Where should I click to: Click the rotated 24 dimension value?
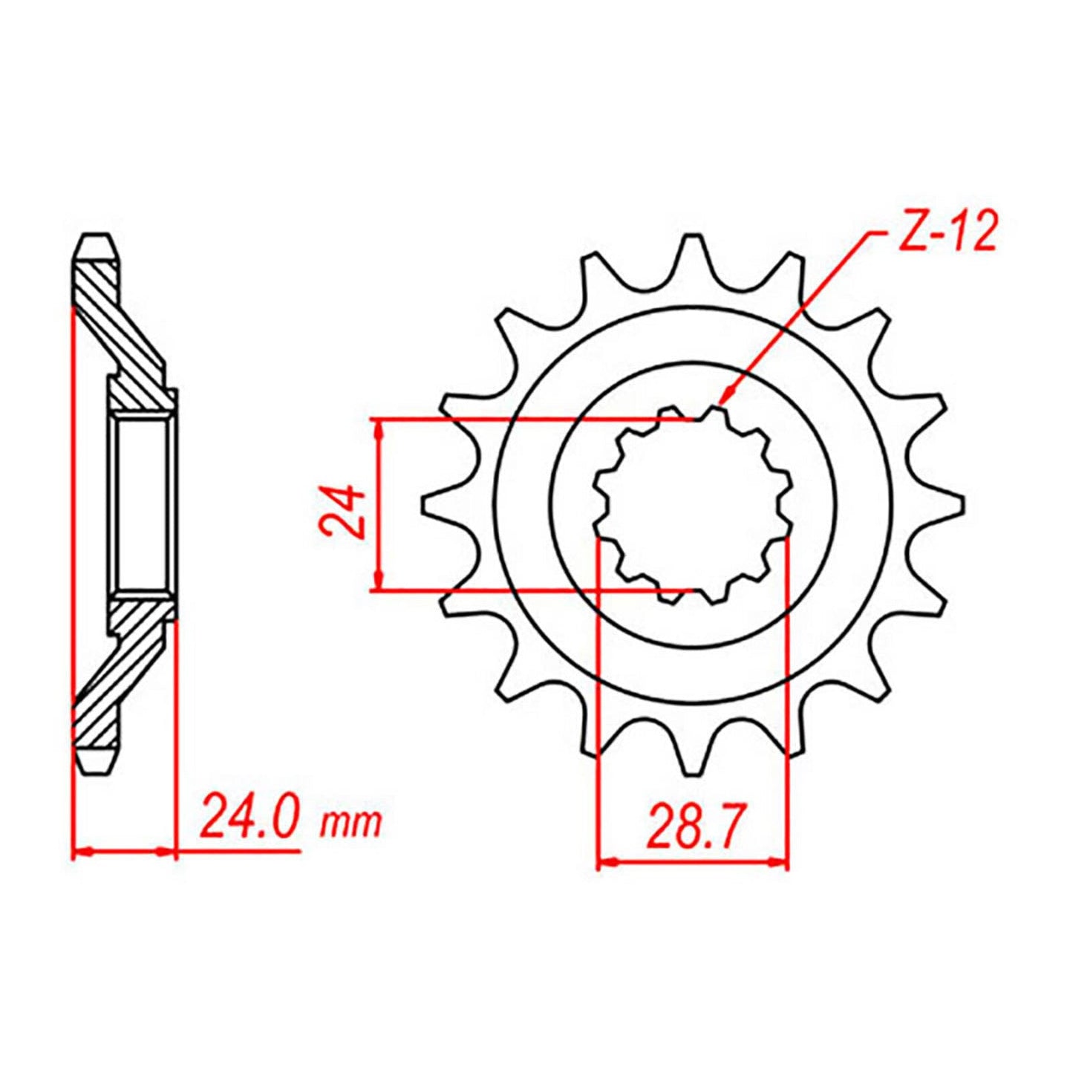(x=342, y=512)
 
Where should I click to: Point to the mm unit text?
(x=351, y=822)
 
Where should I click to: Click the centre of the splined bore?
(x=692, y=505)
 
